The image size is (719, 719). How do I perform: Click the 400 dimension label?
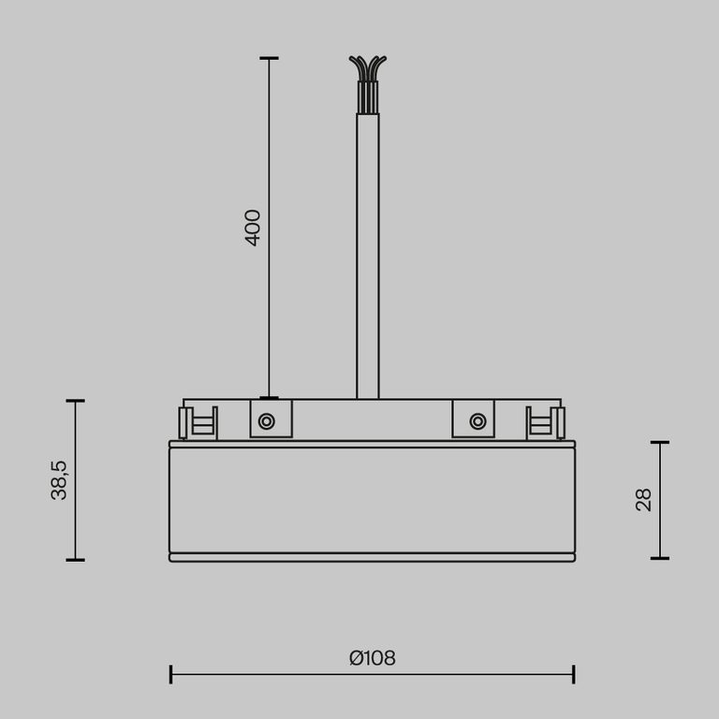click(x=253, y=227)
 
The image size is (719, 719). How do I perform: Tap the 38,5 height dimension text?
click(x=59, y=480)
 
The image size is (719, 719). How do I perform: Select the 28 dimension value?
click(x=644, y=499)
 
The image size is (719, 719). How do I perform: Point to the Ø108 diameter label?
click(x=373, y=658)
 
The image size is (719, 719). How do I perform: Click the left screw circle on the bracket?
click(x=267, y=421)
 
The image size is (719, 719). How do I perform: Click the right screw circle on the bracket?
click(x=478, y=421)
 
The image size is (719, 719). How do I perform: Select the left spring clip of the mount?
click(x=199, y=423)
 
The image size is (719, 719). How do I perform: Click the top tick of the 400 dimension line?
click(x=269, y=58)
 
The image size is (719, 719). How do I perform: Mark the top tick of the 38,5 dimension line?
click(x=76, y=401)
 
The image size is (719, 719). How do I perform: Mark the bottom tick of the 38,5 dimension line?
click(x=76, y=560)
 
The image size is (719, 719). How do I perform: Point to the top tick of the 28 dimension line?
click(x=660, y=442)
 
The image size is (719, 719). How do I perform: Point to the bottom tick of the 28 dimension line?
click(x=660, y=558)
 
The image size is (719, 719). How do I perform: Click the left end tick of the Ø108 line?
click(x=170, y=674)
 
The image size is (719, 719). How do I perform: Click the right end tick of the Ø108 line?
click(x=573, y=674)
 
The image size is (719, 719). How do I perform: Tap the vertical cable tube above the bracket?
click(x=368, y=253)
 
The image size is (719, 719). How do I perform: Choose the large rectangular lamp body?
click(x=372, y=500)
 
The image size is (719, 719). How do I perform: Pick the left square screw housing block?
click(x=271, y=418)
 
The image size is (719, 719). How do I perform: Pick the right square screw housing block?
click(x=473, y=418)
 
